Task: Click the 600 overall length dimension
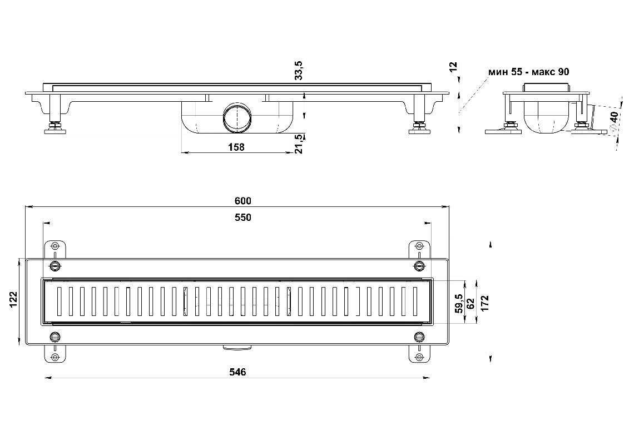pyautogui.click(x=244, y=201)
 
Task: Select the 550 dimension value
pyautogui.click(x=244, y=217)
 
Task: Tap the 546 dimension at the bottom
pyautogui.click(x=237, y=372)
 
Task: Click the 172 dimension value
pyautogui.click(x=485, y=303)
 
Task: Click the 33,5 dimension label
pyautogui.click(x=299, y=71)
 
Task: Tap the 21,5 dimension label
pyautogui.click(x=299, y=144)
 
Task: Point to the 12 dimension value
pyautogui.click(x=453, y=67)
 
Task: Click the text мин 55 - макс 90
pyautogui.click(x=528, y=72)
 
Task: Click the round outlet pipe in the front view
pyautogui.click(x=238, y=117)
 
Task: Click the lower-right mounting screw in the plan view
pyautogui.click(x=419, y=337)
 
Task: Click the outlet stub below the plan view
pyautogui.click(x=237, y=348)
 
